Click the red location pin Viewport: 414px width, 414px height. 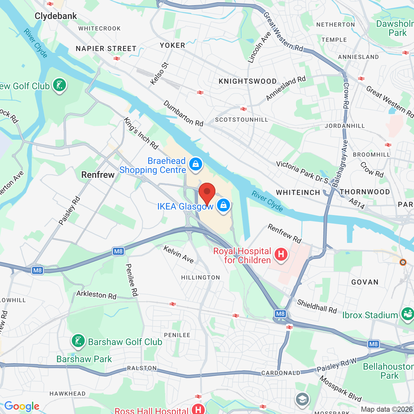[207, 192]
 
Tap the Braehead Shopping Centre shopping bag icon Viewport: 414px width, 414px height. [195, 164]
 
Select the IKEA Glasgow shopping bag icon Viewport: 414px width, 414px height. [223, 205]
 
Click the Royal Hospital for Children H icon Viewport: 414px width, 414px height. [281, 254]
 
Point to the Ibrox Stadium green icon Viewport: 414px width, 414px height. [407, 314]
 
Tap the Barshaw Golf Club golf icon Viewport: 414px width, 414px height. [78, 341]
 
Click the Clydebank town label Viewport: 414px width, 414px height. [56, 16]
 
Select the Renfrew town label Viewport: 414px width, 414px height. [98, 175]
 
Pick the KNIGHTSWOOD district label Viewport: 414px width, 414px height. [248, 81]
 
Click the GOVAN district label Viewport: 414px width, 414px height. [365, 282]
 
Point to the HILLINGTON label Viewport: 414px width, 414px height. [201, 278]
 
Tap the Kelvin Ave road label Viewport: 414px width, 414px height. [179, 255]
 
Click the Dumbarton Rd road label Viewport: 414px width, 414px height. [183, 114]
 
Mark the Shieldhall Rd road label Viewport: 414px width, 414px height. [317, 306]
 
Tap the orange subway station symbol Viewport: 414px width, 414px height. [403, 262]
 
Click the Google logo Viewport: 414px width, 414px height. [22, 406]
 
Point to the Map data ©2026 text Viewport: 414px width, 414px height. [387, 409]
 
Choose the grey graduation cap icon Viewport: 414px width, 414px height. [302, 399]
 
